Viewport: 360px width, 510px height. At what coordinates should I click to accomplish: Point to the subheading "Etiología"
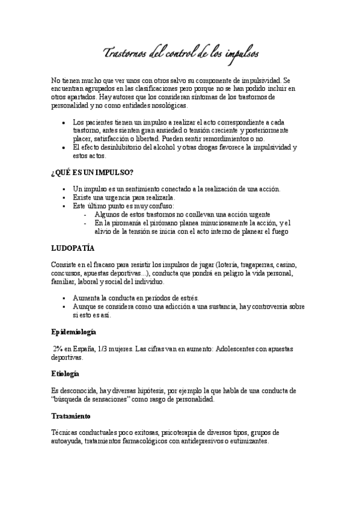click(65, 373)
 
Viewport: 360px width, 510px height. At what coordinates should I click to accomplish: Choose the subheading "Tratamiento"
click(70, 416)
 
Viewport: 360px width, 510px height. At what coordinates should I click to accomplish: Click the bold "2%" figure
click(58, 348)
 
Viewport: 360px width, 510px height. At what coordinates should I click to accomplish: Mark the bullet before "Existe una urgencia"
click(64, 197)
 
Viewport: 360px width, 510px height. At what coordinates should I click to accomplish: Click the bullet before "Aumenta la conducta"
click(64, 298)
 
